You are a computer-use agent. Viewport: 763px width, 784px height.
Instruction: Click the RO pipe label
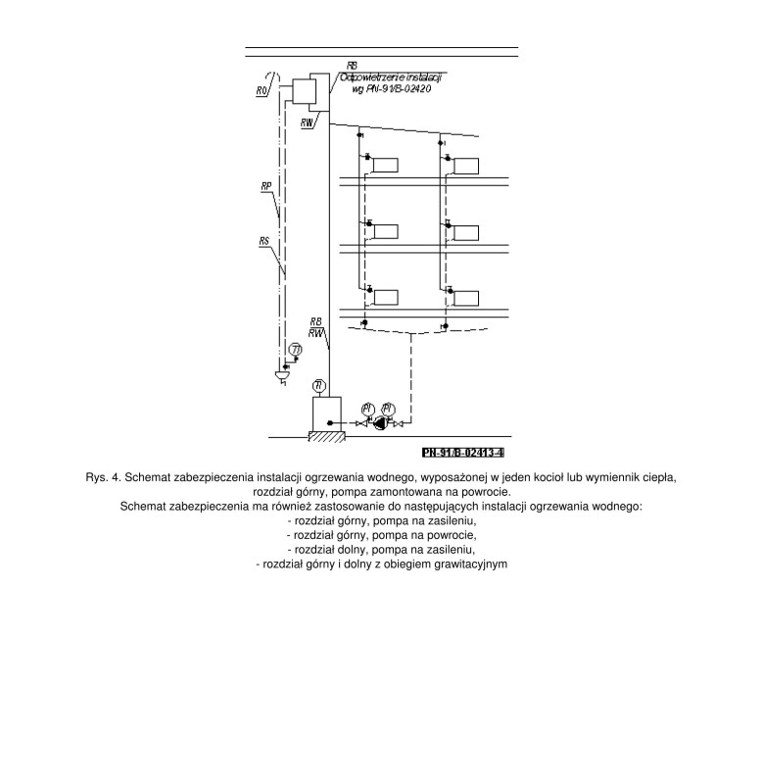[262, 91]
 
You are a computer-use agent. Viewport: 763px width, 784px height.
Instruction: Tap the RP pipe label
[266, 184]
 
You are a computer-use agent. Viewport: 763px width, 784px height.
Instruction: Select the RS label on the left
[264, 240]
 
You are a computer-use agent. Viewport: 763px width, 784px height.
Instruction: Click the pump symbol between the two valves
[378, 422]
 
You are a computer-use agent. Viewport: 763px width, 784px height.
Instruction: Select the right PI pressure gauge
[388, 408]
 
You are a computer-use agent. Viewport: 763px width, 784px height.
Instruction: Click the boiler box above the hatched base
[324, 413]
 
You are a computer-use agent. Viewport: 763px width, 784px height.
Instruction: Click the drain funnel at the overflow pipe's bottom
[282, 376]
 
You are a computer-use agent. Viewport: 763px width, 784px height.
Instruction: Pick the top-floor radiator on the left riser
[386, 165]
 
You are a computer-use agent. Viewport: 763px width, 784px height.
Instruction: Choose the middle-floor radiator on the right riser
[465, 232]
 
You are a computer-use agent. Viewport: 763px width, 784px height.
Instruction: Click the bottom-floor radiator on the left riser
[386, 297]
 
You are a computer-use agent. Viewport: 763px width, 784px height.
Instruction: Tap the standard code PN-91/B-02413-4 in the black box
[462, 453]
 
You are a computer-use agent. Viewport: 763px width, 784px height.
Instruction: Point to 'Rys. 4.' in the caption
[104, 477]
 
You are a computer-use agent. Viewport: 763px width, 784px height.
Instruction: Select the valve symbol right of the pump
[397, 423]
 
